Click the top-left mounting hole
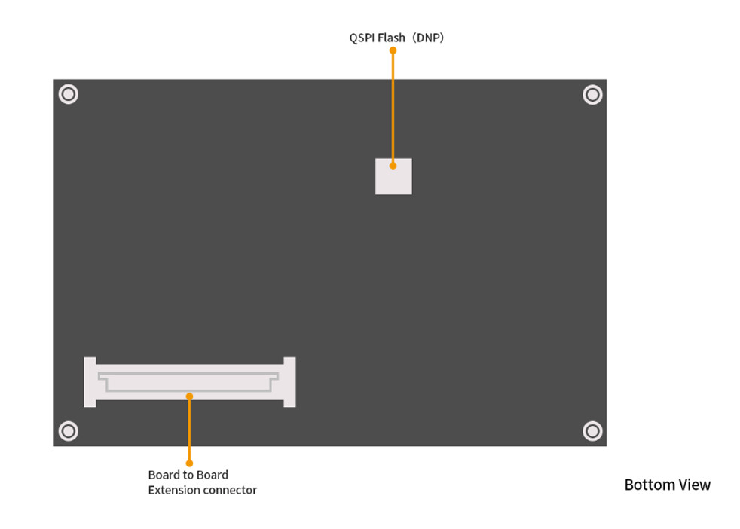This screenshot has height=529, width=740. pyautogui.click(x=69, y=94)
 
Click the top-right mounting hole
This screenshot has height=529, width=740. pyautogui.click(x=592, y=94)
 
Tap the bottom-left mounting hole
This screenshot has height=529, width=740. pyautogui.click(x=69, y=430)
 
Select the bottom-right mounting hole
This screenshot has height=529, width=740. pyautogui.click(x=592, y=430)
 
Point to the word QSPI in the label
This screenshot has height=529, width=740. pyautogui.click(x=361, y=37)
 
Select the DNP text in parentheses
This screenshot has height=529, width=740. pyautogui.click(x=430, y=37)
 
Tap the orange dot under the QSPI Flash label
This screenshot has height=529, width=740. pyautogui.click(x=393, y=50)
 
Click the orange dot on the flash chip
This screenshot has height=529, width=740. pyautogui.click(x=393, y=165)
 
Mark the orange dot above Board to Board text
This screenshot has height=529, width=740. pyautogui.click(x=189, y=463)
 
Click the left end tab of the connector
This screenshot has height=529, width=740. pyautogui.click(x=90, y=382)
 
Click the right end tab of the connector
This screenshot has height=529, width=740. pyautogui.click(x=289, y=382)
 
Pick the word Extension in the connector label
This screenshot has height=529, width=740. pyautogui.click(x=173, y=491)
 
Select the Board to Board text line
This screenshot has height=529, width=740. pyautogui.click(x=188, y=475)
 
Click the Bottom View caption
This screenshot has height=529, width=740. pyautogui.click(x=667, y=485)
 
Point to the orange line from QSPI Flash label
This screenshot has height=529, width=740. pyautogui.click(x=393, y=105)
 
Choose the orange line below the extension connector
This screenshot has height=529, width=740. pyautogui.click(x=189, y=430)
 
